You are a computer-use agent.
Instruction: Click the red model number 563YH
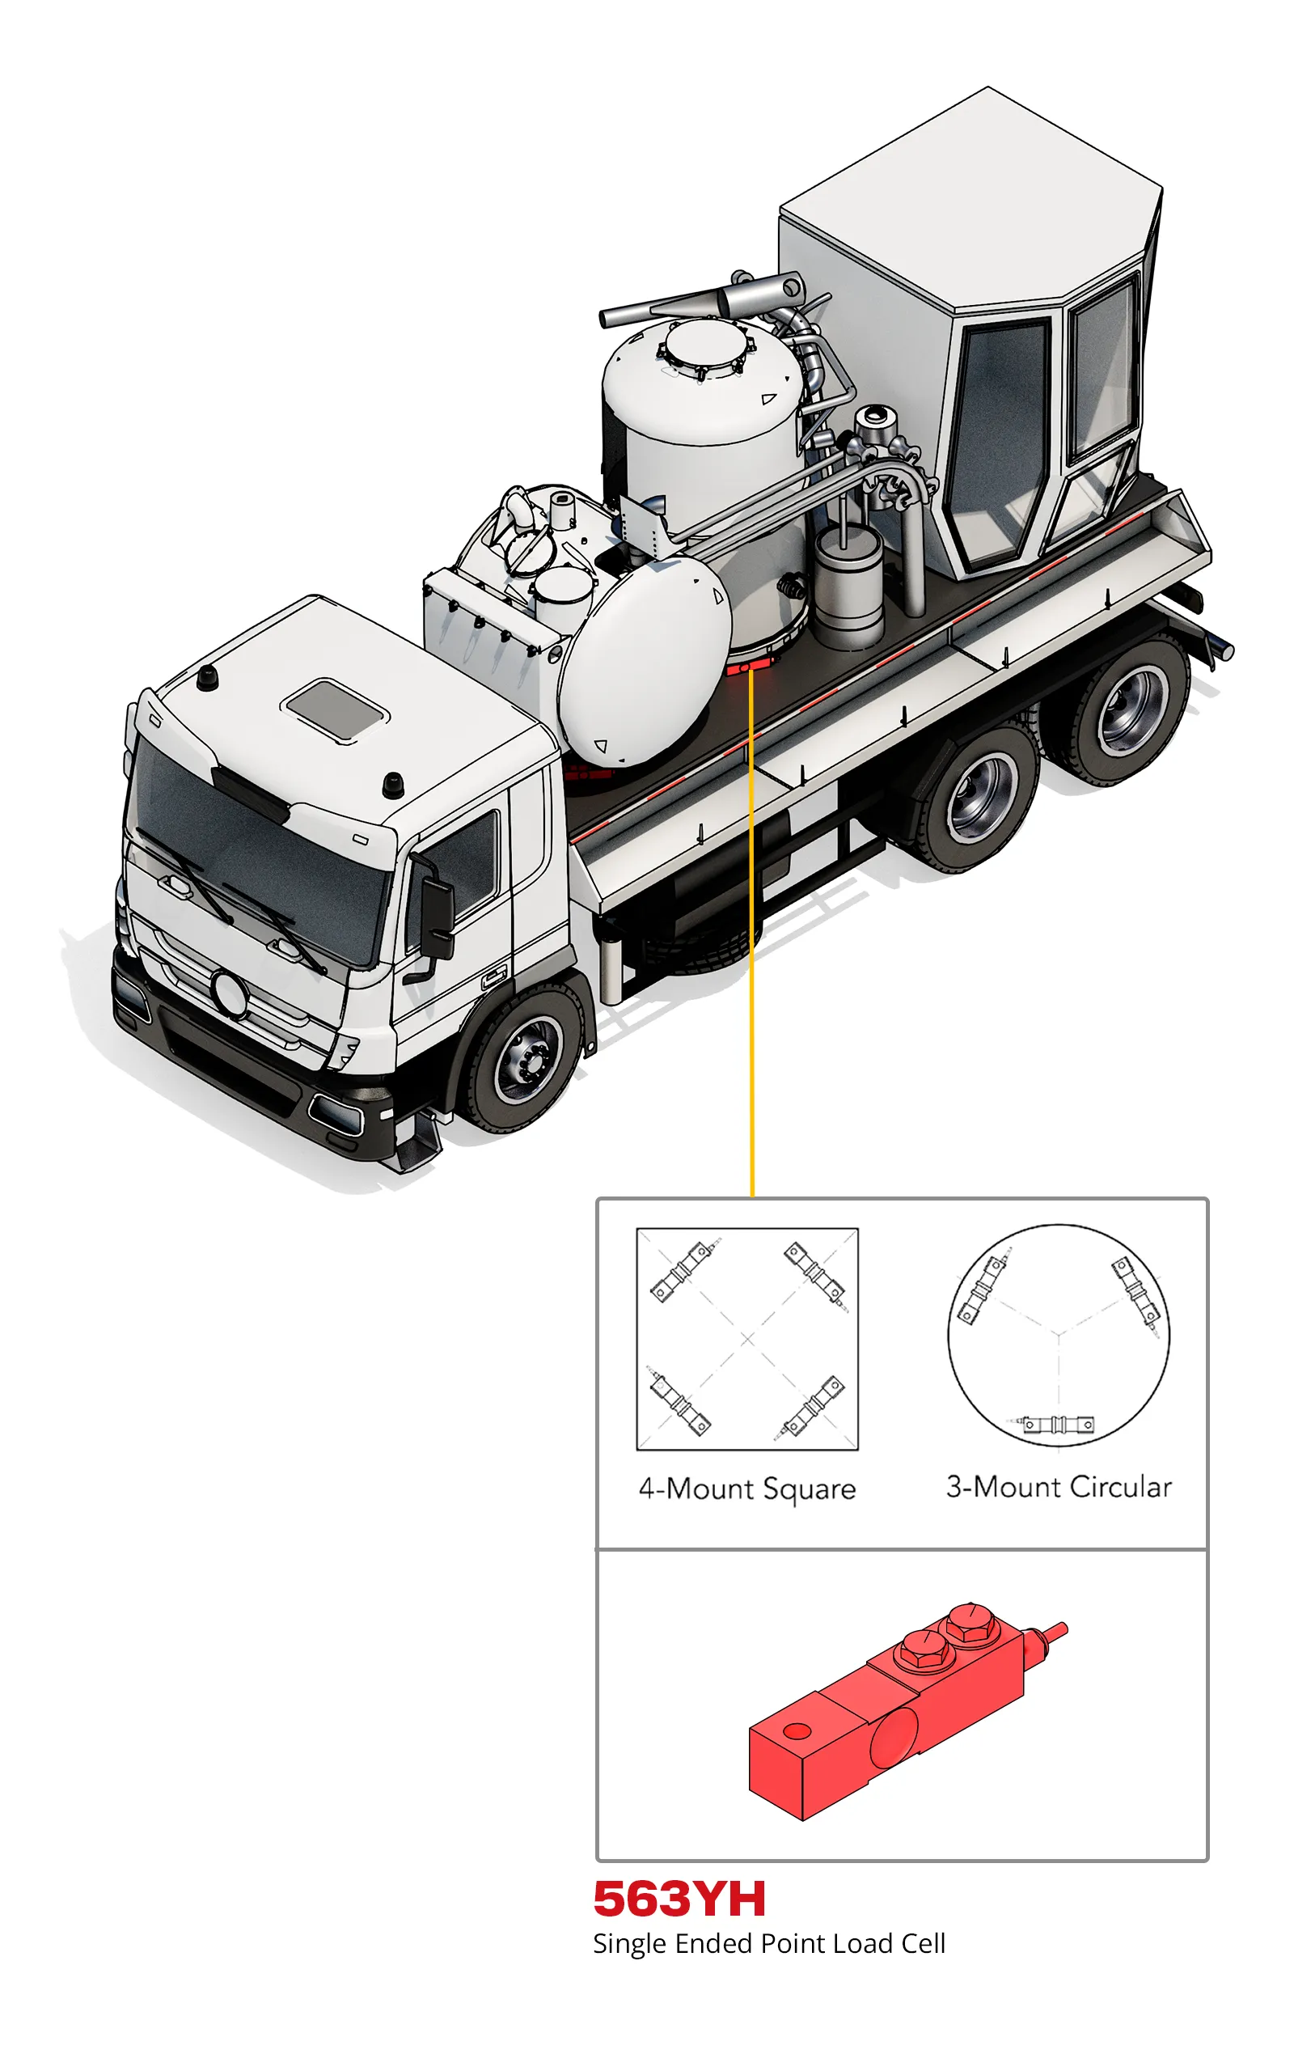tap(679, 1899)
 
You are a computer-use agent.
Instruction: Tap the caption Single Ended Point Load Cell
tap(769, 1944)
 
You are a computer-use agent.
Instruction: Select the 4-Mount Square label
tap(747, 1489)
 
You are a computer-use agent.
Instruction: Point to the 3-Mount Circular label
tap(1059, 1488)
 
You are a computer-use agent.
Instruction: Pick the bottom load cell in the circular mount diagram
tap(1059, 1425)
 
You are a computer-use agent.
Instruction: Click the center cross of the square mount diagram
tap(748, 1340)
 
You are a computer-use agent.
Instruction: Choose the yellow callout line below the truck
tap(751, 933)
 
